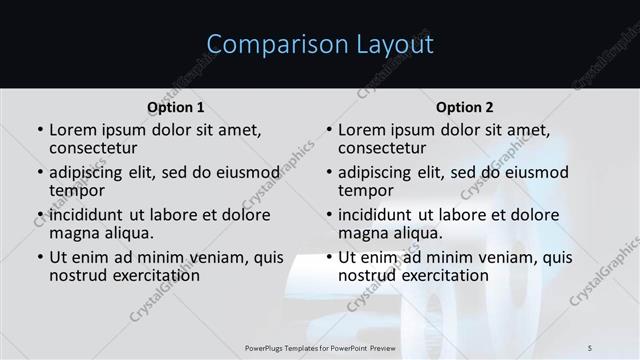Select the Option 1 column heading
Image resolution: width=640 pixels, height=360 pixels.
pos(175,107)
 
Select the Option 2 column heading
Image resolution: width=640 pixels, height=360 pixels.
pos(464,107)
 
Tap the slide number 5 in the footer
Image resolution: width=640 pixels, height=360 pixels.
pos(590,347)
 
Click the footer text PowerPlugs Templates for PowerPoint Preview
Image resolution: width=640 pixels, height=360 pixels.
pos(320,347)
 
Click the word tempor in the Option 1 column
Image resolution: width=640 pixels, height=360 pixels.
pos(76,190)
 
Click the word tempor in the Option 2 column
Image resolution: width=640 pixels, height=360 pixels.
pos(365,190)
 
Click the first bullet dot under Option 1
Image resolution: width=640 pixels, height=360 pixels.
pos(39,130)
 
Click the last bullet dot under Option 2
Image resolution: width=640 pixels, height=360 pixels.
pos(328,257)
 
